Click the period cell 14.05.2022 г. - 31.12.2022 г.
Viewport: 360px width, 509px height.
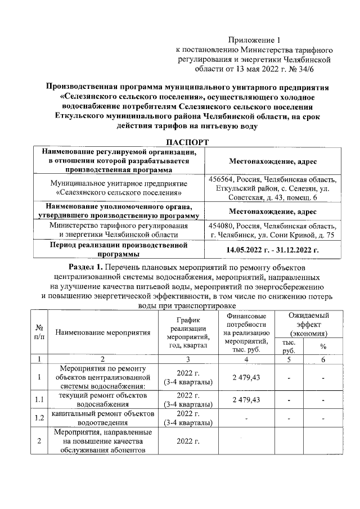coord(272,249)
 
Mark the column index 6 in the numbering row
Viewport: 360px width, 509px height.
coord(323,358)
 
